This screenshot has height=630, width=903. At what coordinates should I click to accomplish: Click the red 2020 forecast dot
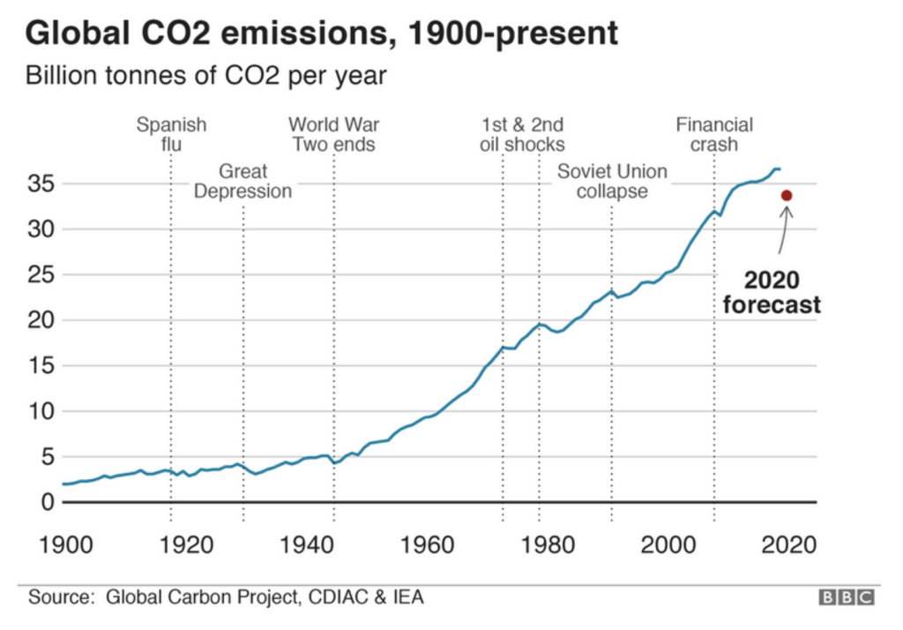[786, 196]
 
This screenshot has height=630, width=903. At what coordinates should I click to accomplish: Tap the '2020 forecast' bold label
[772, 292]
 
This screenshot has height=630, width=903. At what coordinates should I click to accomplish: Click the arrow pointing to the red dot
[783, 229]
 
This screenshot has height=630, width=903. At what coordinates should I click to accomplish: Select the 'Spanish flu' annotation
[171, 134]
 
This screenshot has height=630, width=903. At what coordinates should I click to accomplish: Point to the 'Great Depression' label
[243, 181]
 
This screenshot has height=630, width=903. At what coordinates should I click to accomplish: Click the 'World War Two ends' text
[334, 134]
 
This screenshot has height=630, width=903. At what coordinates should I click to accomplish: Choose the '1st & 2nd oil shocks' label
[522, 134]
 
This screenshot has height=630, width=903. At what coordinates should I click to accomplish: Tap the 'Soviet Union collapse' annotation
[612, 181]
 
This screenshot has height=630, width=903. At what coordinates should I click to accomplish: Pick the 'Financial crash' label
[714, 134]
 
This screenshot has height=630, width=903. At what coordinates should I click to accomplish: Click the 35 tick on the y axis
[41, 184]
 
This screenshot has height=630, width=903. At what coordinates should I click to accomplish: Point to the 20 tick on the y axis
[41, 320]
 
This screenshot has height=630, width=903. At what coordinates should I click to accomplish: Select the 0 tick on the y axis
[48, 502]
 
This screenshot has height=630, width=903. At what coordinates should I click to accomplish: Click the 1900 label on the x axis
[65, 544]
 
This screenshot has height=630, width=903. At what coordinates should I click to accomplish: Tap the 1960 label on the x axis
[428, 544]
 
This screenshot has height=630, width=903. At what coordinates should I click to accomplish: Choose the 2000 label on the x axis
[668, 544]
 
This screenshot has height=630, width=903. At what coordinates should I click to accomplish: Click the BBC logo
[847, 597]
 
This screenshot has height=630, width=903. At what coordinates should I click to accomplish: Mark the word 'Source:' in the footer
[61, 596]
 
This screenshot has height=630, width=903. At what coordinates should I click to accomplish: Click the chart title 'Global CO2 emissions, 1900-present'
[321, 33]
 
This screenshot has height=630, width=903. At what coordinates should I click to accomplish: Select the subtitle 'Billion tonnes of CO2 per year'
[205, 76]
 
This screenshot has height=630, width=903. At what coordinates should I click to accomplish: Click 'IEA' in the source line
[408, 596]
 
